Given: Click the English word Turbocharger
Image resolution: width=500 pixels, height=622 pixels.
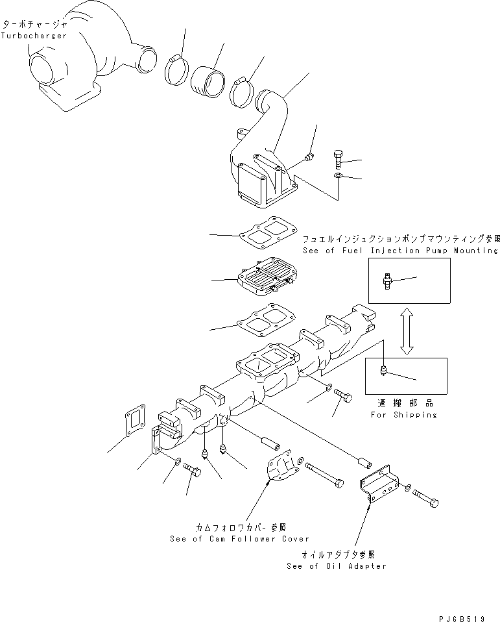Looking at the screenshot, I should point(34,35).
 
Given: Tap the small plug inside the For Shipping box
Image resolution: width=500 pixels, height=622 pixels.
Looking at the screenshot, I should point(384,371).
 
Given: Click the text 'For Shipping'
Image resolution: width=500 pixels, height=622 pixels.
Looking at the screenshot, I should point(403,414).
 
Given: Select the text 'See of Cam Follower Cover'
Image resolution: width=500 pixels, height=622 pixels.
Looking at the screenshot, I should point(239,538).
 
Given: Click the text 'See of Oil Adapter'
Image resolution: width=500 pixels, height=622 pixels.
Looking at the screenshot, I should point(336,566).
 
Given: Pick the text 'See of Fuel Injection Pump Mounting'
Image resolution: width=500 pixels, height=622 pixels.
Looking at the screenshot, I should point(400,250).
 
